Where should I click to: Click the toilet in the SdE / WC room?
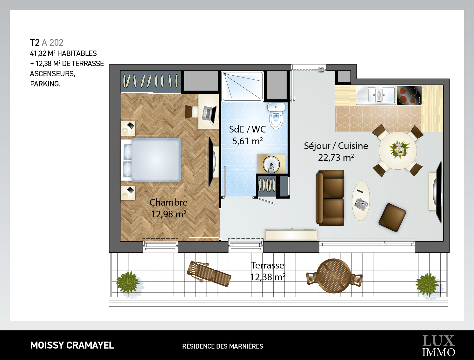coord(276,116)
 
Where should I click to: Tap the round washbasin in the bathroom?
coord(271,165)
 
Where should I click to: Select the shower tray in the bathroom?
coord(243,86)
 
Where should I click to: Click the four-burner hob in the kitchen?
coord(409,95)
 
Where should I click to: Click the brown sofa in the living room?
coord(330,198)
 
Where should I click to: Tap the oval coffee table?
coord(361,200)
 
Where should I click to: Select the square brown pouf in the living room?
coord(392,217)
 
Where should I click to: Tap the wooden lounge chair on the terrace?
coord(209,274)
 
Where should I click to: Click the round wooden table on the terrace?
coord(334,276)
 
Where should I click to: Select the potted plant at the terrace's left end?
coord(128,283)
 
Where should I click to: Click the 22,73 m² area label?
coord(336,158)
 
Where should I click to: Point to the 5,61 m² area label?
coord(247,141)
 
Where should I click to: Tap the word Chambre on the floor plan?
coord(169,202)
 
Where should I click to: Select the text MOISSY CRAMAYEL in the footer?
coord(72,345)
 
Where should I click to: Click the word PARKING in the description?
coord(45,84)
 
